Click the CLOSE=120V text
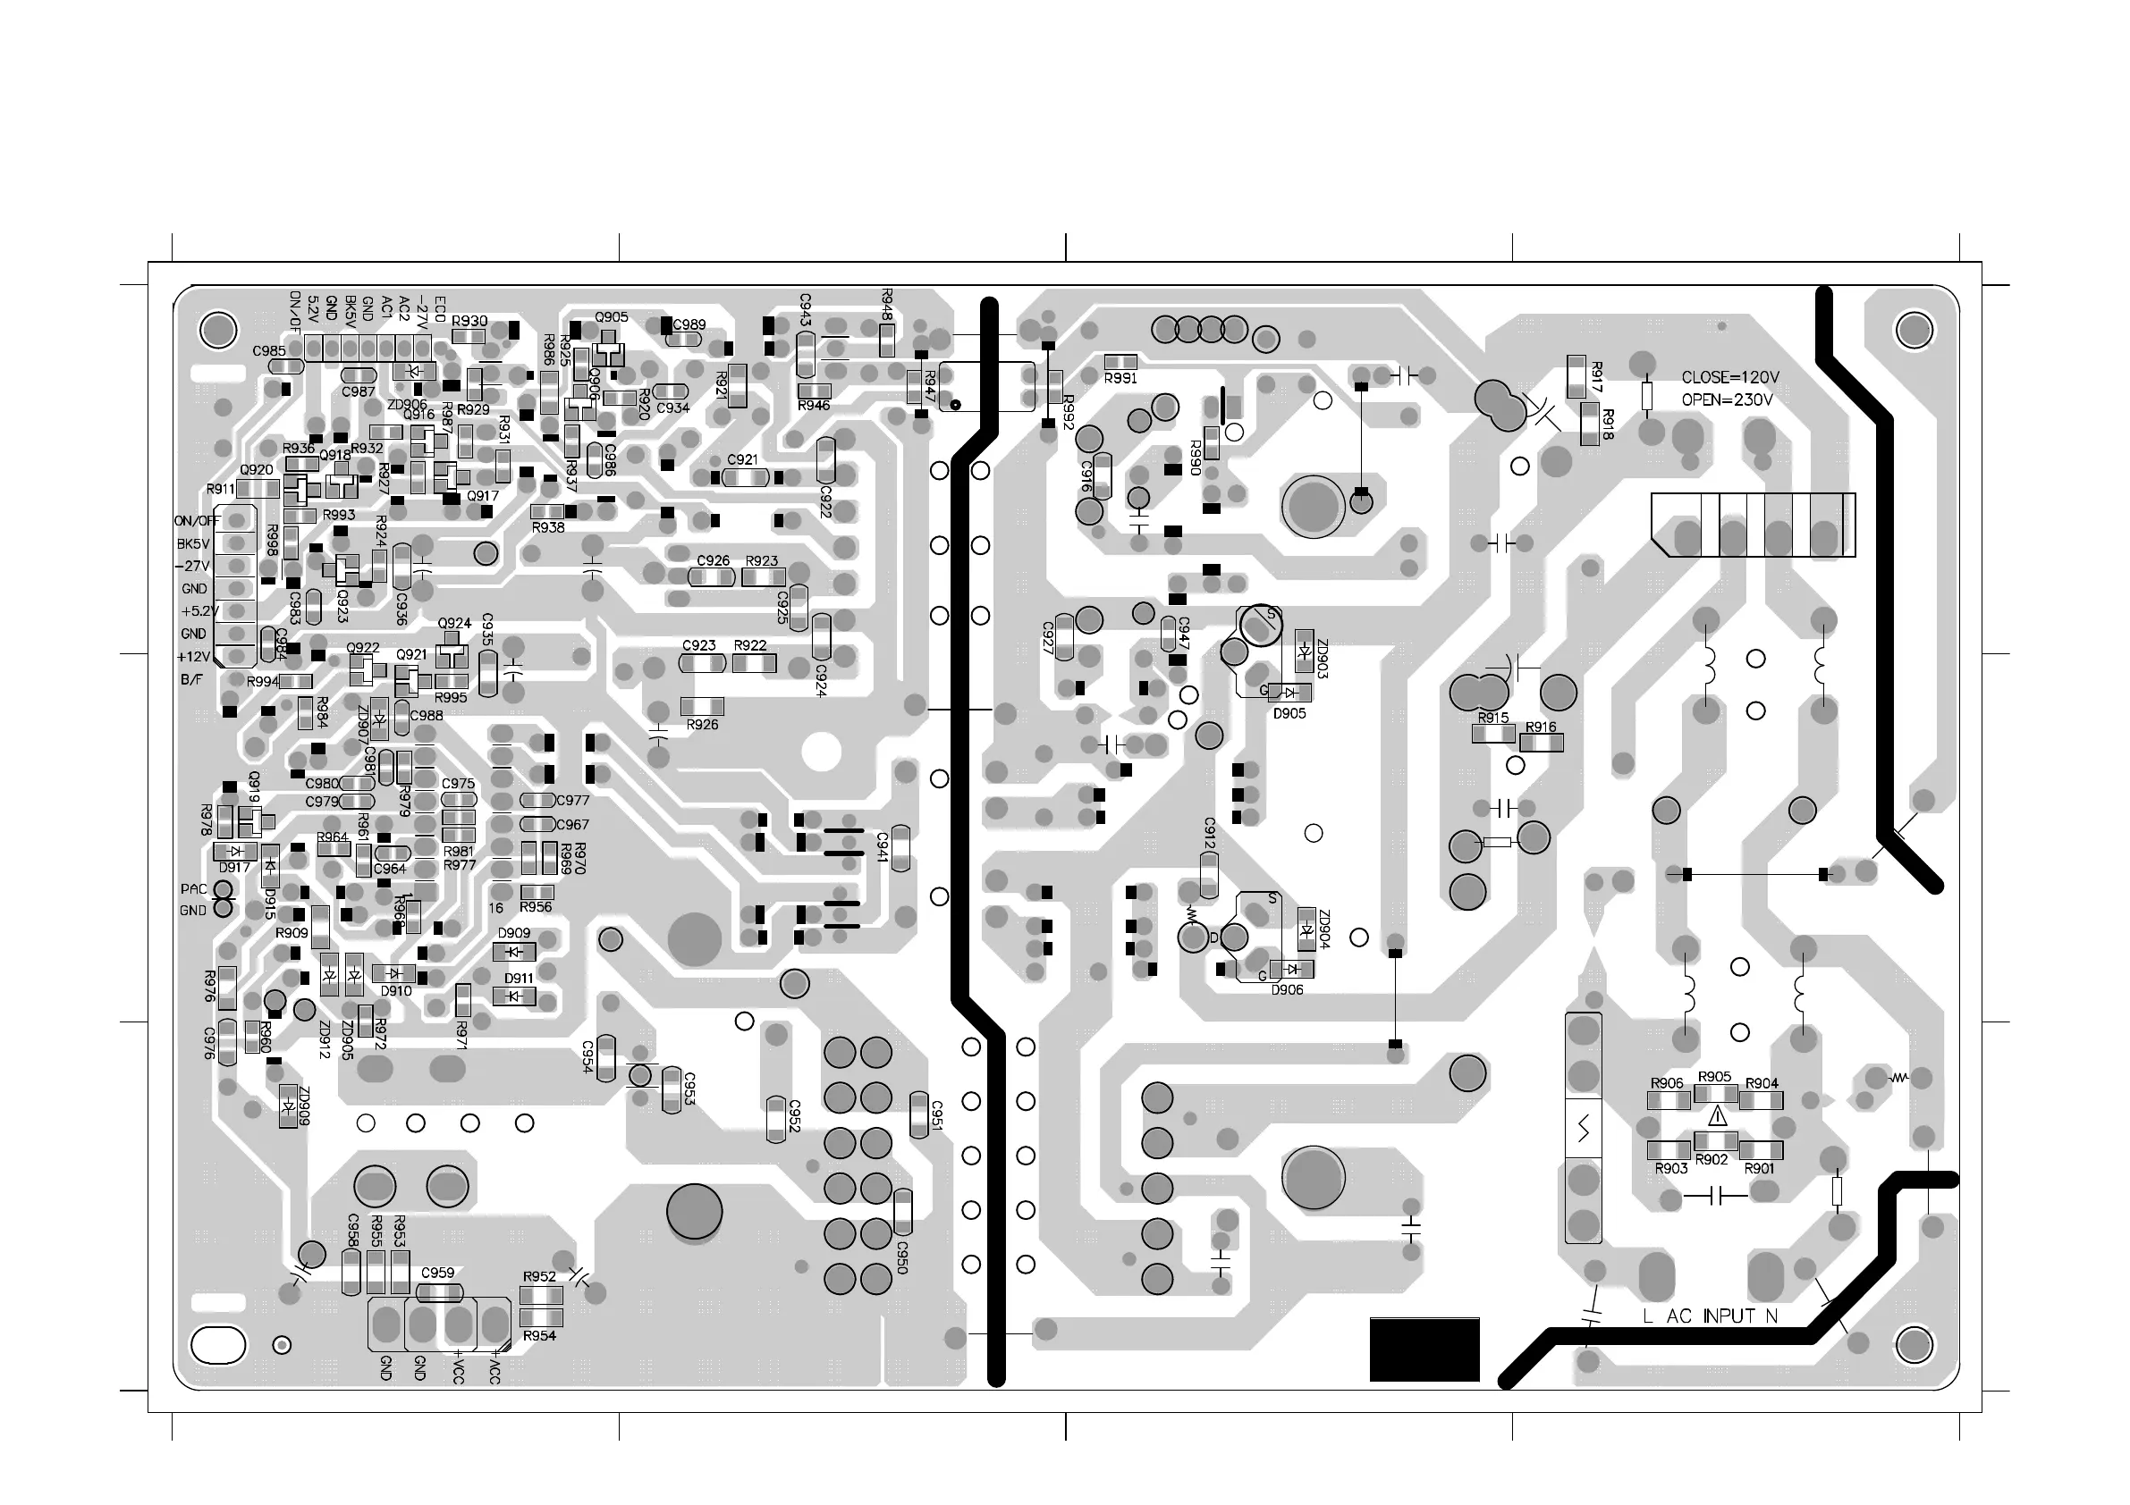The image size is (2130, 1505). pos(1730,377)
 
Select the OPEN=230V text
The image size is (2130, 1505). pos(1727,400)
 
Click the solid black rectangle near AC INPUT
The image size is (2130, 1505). pos(1424,1349)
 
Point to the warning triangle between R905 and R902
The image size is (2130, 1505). pos(1716,1115)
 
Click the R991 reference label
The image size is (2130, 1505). pos(1120,378)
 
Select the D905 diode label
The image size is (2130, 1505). pos(1289,714)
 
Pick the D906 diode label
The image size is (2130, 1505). pos(1287,989)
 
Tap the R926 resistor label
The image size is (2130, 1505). pos(702,724)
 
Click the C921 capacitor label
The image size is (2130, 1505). pos(742,460)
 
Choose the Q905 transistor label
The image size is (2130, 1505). pos(612,317)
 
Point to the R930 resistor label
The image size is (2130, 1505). pos(469,321)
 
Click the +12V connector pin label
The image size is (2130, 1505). pos(194,657)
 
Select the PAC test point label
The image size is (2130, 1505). pos(194,888)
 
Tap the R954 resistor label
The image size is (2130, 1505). pos(539,1335)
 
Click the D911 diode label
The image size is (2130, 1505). pos(519,979)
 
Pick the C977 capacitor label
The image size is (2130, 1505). pos(572,800)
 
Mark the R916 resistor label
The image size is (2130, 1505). pos(1541,727)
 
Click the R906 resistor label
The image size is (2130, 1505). pos(1667,1083)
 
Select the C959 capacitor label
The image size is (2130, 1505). pos(438,1273)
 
